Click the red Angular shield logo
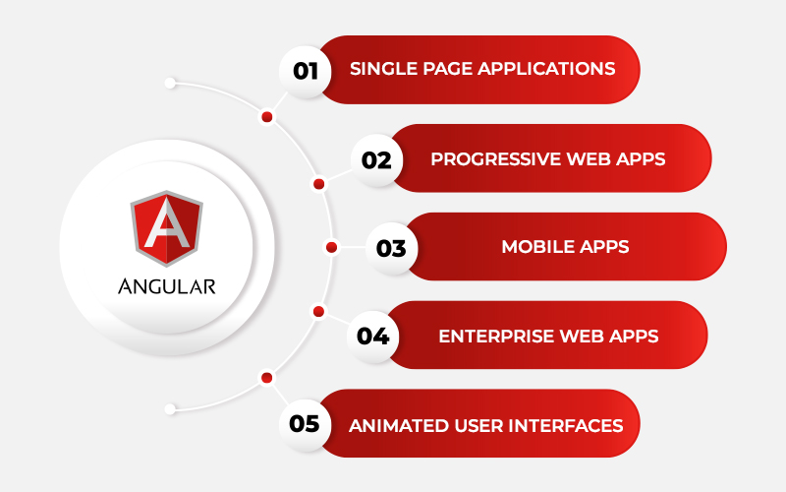pyautogui.click(x=166, y=228)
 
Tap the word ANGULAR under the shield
pyautogui.click(x=166, y=286)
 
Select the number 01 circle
pyautogui.click(x=305, y=71)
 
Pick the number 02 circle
pyautogui.click(x=376, y=160)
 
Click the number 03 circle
pyautogui.click(x=391, y=248)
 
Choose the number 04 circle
pyautogui.click(x=372, y=336)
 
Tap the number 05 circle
pyautogui.click(x=305, y=424)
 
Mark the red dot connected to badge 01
pyautogui.click(x=266, y=117)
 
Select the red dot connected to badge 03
pyautogui.click(x=331, y=247)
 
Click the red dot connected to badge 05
pyautogui.click(x=266, y=378)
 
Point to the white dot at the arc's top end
pyautogui.click(x=170, y=83)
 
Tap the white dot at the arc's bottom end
pyautogui.click(x=170, y=409)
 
